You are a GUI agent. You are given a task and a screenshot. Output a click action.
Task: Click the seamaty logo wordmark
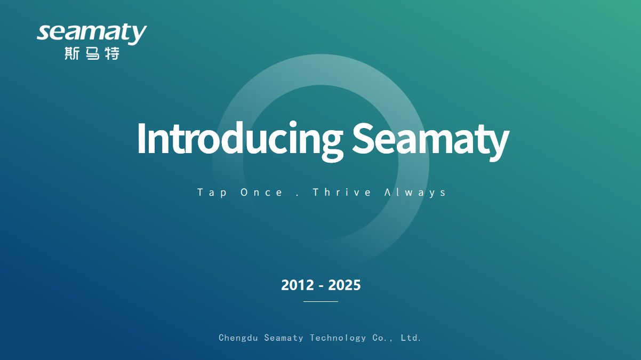[92, 34]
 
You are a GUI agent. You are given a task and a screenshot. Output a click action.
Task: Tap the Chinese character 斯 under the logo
[72, 53]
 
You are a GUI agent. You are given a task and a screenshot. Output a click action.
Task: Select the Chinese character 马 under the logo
[93, 53]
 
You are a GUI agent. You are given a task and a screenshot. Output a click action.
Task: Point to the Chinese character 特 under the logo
[112, 53]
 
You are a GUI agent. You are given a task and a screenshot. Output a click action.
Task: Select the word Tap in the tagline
[212, 193]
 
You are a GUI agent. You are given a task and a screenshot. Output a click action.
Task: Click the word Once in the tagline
[261, 193]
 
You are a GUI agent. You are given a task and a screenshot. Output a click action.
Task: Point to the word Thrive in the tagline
[342, 192]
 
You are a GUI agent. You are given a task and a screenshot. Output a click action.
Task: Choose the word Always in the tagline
[415, 193]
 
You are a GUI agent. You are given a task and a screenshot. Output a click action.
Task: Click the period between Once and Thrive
[298, 195]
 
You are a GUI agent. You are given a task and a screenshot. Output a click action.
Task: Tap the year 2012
[298, 285]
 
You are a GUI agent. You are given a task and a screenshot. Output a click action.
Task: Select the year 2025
[344, 285]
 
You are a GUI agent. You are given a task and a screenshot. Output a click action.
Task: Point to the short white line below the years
[321, 301]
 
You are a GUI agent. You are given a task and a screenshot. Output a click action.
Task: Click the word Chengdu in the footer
[238, 338]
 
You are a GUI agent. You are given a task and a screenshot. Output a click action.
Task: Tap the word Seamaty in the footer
[284, 338]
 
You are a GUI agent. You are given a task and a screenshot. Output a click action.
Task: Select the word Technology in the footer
[338, 338]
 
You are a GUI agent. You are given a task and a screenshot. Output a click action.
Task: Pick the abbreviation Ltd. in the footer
[411, 338]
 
